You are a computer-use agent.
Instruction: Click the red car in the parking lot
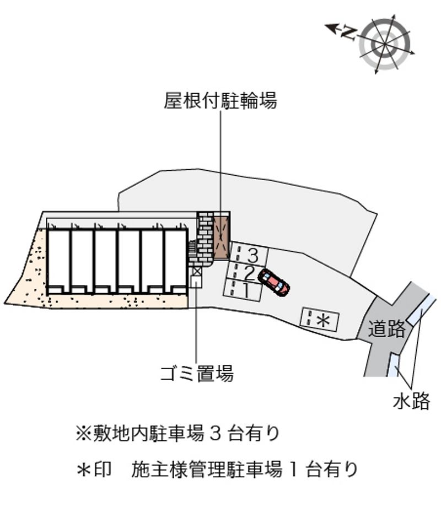(274, 282)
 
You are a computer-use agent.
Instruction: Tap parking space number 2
(246, 272)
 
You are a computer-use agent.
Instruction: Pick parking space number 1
(243, 289)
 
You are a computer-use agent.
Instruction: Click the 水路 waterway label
(411, 401)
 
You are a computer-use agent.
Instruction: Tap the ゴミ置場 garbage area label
(197, 373)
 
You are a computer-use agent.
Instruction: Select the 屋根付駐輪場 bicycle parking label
(220, 100)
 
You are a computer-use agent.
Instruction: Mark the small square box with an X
(197, 272)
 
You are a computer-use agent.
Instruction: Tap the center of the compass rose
(385, 44)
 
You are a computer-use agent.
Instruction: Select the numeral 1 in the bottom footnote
(293, 470)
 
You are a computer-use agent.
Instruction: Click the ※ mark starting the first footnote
(83, 434)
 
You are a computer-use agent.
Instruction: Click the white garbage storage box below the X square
(196, 283)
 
